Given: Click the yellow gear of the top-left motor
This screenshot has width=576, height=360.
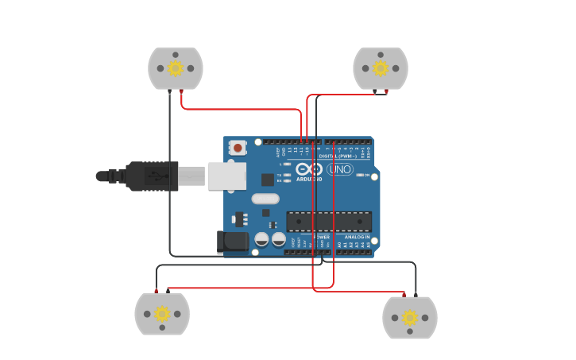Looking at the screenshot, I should coord(176,68).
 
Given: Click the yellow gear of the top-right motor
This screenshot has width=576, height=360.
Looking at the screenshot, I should coord(381,68).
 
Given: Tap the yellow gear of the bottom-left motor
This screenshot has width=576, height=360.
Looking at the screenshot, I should coord(162,314).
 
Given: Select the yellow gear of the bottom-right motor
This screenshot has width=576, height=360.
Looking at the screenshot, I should coord(410,318).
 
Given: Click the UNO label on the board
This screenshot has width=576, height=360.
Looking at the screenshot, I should coord(340,169).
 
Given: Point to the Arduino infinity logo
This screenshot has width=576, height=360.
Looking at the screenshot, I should coord(308,168).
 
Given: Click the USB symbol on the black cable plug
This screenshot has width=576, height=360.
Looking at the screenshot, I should coord(162,176).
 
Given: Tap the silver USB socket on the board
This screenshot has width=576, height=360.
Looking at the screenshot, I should coord(227,176).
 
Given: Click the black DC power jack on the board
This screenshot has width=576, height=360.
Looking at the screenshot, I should coord(234,242).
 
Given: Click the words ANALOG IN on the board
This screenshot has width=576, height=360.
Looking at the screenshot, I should coord(357,237).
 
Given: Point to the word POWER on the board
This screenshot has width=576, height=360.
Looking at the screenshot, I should coord(322,237).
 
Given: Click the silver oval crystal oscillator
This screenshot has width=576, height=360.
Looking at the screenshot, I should coord(266,199).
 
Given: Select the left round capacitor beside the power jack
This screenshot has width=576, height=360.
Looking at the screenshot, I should coord(262,238).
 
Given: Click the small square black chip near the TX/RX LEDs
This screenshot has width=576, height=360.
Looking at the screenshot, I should coord(268,180).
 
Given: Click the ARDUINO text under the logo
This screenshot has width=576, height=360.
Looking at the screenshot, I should coord(308,179).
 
